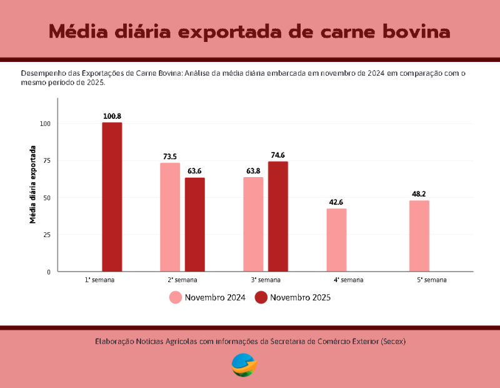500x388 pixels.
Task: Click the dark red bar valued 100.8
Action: point(112,197)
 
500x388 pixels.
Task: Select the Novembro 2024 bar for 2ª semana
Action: point(170,217)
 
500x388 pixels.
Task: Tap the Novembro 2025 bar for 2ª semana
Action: point(194,225)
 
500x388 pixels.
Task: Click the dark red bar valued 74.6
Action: point(278,217)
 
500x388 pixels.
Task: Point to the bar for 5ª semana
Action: point(419,236)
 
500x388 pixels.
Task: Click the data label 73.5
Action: point(170,156)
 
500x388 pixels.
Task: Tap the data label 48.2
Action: point(419,194)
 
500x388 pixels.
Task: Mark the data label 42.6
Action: point(336,202)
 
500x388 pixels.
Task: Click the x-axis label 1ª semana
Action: point(100,280)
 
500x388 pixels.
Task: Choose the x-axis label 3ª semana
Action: point(266,280)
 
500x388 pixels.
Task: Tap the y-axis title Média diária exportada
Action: point(32,185)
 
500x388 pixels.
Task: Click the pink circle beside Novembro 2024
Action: point(176,298)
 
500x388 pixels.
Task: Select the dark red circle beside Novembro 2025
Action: point(261,298)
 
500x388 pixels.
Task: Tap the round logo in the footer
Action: point(244,365)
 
